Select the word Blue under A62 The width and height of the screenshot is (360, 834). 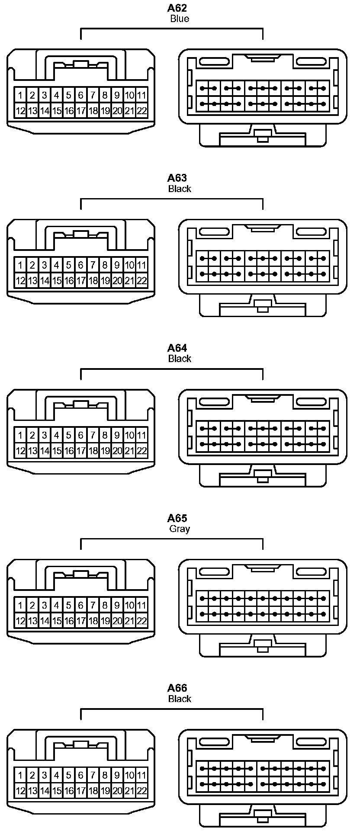coord(179,19)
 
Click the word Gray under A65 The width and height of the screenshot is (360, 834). coord(179,529)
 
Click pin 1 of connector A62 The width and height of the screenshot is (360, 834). coord(20,95)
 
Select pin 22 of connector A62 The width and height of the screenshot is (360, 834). coord(141,111)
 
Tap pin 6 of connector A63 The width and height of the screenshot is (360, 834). coord(80,265)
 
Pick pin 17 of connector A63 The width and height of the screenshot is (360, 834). coord(80,281)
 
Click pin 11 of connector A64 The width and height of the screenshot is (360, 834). coord(141,435)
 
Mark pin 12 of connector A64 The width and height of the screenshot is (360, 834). coord(20,451)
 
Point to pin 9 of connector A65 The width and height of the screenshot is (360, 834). coord(117,605)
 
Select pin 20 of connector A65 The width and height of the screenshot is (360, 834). coord(117,621)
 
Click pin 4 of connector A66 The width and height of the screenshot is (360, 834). coord(56,775)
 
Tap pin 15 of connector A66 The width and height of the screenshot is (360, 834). coord(56,791)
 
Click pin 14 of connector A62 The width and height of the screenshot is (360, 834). coord(44,111)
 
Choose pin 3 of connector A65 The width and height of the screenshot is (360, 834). coord(44,605)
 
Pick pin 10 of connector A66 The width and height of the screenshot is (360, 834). coord(129,775)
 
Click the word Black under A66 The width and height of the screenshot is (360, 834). coord(179,699)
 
